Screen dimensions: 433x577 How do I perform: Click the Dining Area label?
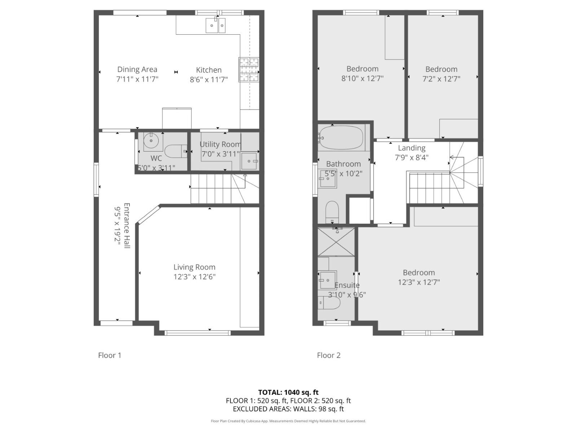click(x=137, y=69)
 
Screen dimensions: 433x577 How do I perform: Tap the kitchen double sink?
click(x=215, y=25)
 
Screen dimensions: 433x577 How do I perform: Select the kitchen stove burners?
click(x=248, y=70)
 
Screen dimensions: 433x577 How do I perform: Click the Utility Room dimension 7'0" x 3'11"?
click(x=220, y=154)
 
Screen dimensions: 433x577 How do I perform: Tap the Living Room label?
click(x=194, y=267)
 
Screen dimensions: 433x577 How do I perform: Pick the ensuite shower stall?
click(x=336, y=241)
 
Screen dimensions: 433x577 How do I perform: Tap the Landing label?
click(x=411, y=148)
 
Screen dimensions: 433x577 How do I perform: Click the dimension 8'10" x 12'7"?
click(x=362, y=79)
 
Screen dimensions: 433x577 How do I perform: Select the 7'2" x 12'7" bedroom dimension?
click(x=441, y=79)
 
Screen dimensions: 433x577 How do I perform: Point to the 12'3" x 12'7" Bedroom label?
click(x=419, y=273)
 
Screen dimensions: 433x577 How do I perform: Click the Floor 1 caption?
click(x=110, y=355)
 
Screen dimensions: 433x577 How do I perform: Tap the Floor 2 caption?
click(x=329, y=355)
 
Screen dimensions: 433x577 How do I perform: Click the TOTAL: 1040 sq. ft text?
click(x=288, y=392)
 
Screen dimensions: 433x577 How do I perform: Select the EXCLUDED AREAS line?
click(x=288, y=409)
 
